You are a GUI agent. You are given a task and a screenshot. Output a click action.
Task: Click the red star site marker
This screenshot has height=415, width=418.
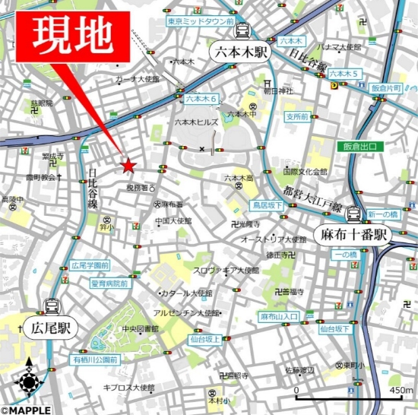128,164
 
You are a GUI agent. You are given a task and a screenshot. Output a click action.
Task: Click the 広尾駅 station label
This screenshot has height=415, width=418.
51,329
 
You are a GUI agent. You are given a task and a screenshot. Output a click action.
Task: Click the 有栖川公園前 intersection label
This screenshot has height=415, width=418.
96,360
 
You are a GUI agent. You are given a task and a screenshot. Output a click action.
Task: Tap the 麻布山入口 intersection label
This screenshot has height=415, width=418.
278,316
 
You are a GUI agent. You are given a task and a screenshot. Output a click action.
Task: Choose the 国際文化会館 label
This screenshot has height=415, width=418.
305,172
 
